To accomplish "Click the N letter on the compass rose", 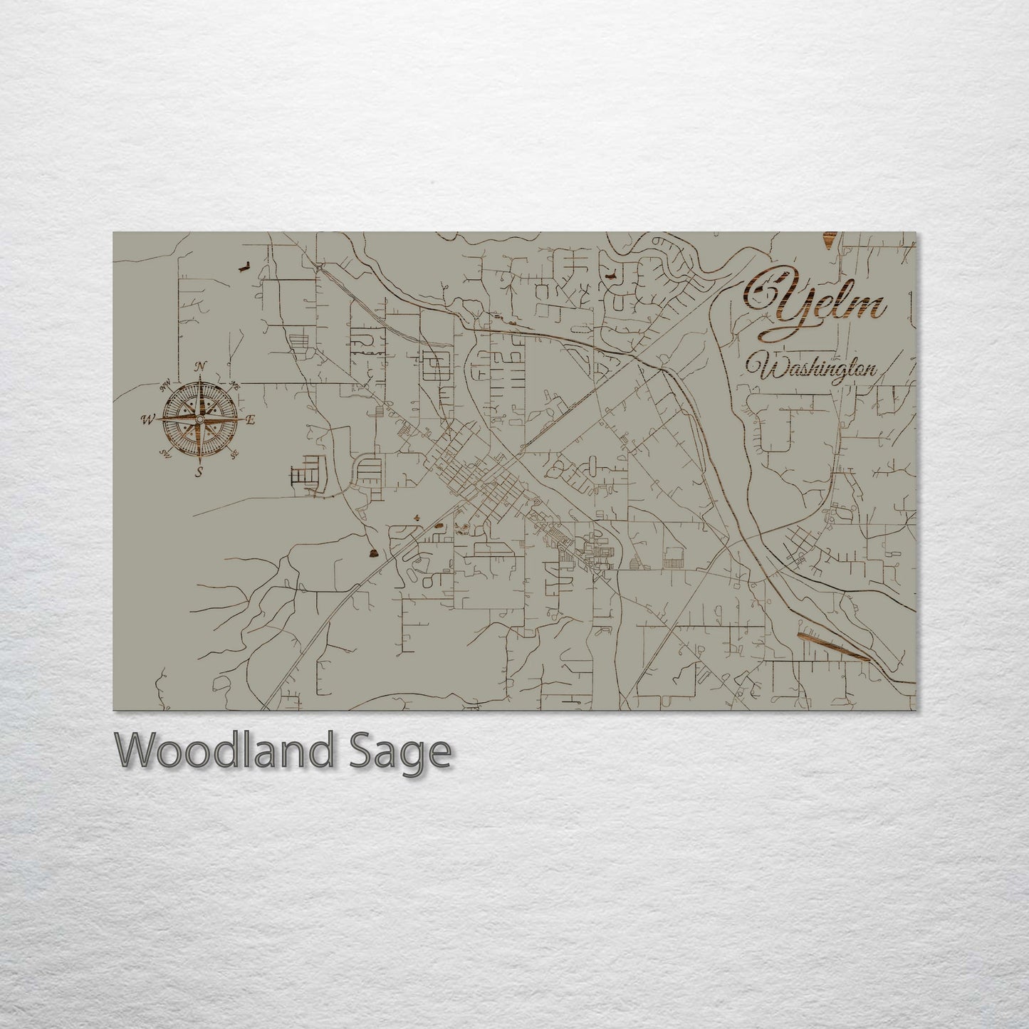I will click(200, 367).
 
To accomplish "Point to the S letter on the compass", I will click(199, 471).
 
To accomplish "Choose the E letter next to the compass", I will click(250, 419).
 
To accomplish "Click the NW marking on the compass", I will click(166, 387).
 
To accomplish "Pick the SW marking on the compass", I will click(165, 453).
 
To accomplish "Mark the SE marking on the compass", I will click(234, 453).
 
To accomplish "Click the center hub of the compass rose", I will click(199, 419).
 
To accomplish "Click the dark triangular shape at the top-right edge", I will click(830, 241).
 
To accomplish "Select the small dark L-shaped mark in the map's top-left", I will click(244, 267).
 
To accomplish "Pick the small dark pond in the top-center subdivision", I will click(610, 275).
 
